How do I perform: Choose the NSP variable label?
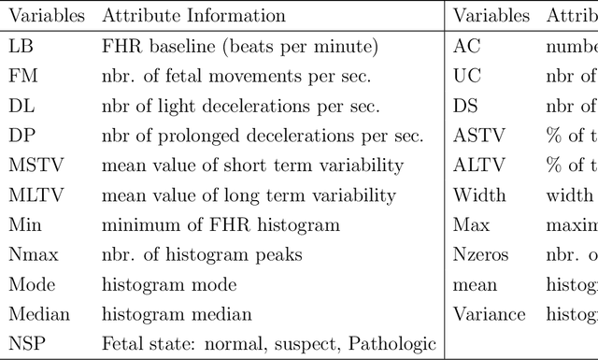[26, 344]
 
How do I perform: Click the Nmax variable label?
[31, 255]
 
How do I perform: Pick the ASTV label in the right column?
[477, 136]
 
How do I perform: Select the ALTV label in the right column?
[477, 166]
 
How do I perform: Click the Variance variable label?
[489, 315]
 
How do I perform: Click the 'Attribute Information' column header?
[194, 16]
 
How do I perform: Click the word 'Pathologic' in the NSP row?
[392, 344]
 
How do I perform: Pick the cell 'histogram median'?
[177, 315]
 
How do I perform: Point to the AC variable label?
[466, 46]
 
